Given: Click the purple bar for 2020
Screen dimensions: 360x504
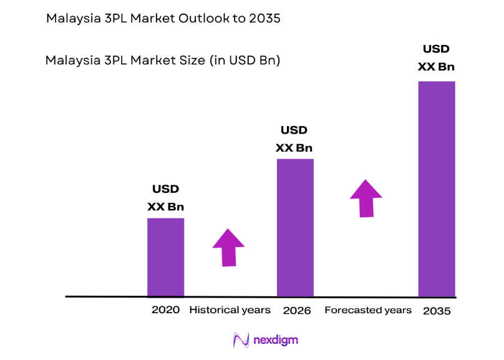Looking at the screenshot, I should pyautogui.click(x=165, y=257).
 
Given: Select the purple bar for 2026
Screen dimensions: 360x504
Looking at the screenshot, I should pyautogui.click(x=295, y=228).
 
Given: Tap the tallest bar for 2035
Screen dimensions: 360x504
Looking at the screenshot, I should pyautogui.click(x=436, y=188).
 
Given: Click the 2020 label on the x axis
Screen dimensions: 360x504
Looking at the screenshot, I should pyautogui.click(x=165, y=310).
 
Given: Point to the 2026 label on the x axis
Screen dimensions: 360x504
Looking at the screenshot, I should pyautogui.click(x=296, y=311).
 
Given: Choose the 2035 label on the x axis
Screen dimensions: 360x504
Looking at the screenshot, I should pyautogui.click(x=436, y=311).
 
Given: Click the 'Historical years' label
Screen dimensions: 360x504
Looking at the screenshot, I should pyautogui.click(x=230, y=310).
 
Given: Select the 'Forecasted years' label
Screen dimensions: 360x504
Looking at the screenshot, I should pyautogui.click(x=368, y=310).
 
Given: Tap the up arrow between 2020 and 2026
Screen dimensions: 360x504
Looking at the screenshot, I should pyautogui.click(x=228, y=247).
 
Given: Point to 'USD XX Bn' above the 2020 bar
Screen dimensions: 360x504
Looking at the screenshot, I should pyautogui.click(x=165, y=198).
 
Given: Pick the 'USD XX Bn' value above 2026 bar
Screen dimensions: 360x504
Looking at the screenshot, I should pyautogui.click(x=294, y=139).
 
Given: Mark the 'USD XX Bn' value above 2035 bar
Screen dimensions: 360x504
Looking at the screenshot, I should pyautogui.click(x=436, y=57).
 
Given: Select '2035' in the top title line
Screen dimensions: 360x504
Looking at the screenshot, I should pyautogui.click(x=267, y=19).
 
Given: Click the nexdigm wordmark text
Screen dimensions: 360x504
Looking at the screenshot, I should pyautogui.click(x=276, y=340).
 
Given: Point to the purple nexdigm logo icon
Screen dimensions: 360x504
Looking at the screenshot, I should pyautogui.click(x=241, y=340).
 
